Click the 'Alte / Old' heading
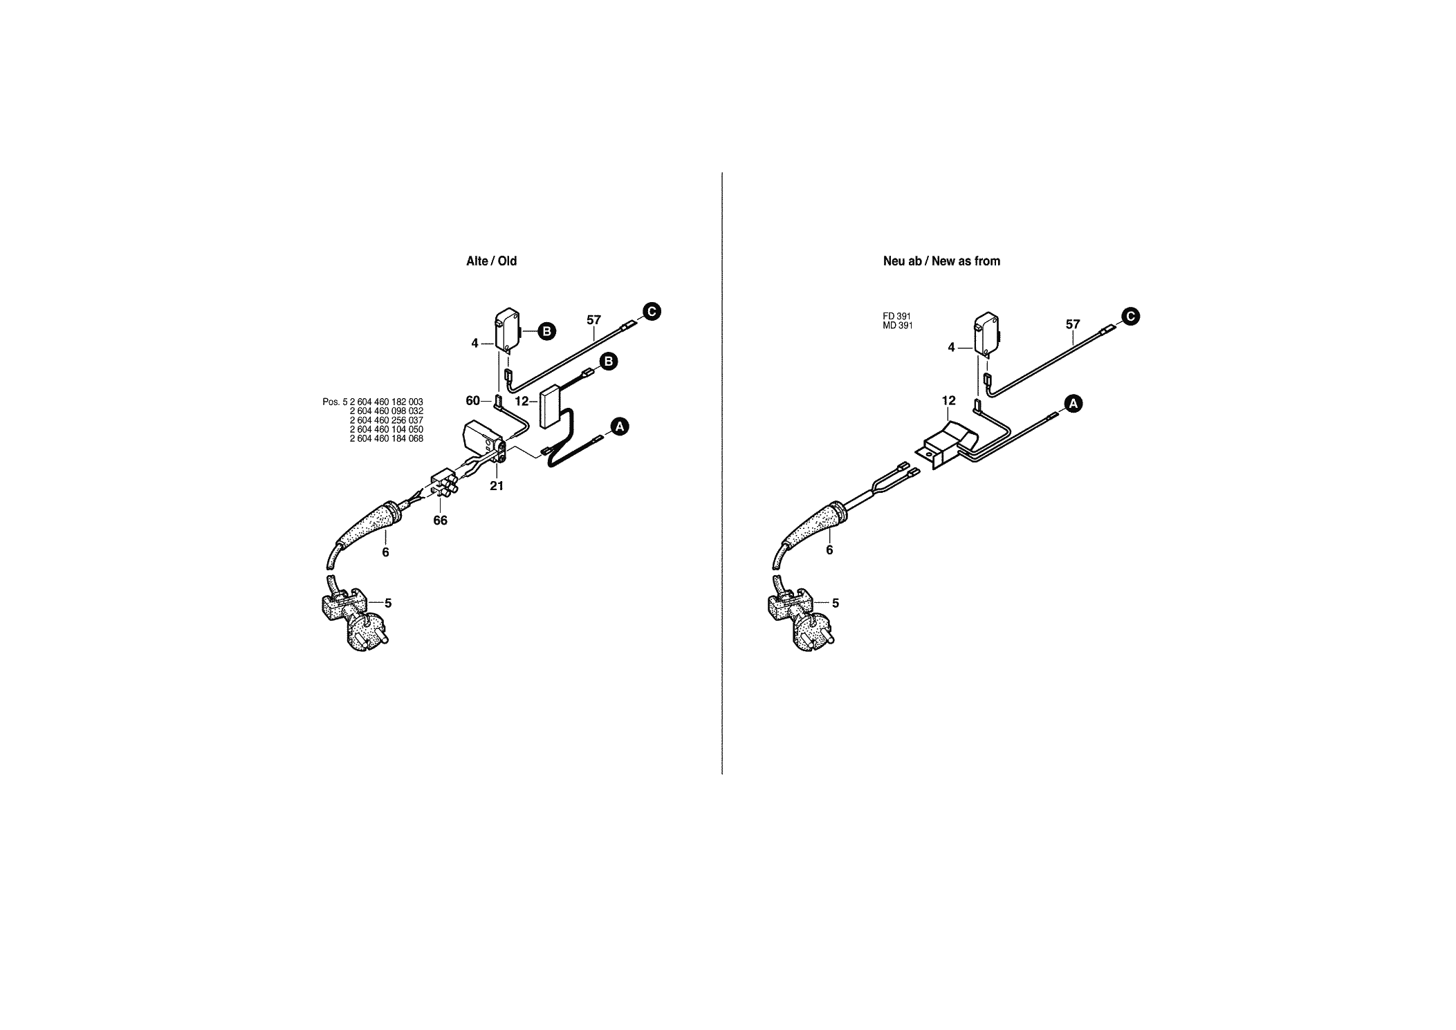[491, 261]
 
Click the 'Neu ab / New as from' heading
[941, 261]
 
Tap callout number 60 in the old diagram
[473, 400]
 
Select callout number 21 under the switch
[497, 486]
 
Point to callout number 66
[441, 521]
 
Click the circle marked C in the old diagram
[652, 312]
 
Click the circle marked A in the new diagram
[1073, 404]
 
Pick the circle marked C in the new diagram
[1130, 317]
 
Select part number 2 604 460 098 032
[387, 411]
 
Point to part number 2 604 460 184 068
[387, 438]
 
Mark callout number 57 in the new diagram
[1073, 324]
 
